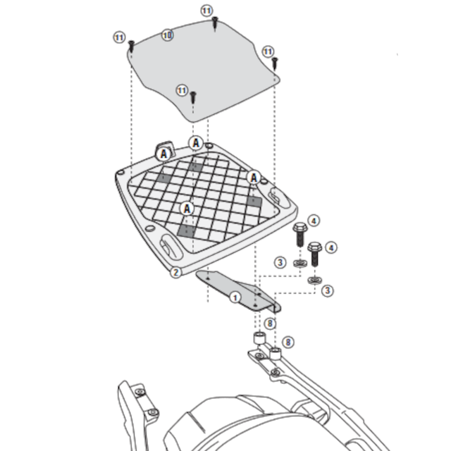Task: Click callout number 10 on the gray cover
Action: click(x=167, y=35)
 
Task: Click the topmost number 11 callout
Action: click(x=206, y=11)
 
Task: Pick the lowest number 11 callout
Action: click(x=183, y=90)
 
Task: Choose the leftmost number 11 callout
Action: click(x=118, y=37)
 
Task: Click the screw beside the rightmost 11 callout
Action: click(x=276, y=63)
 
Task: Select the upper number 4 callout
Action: click(x=314, y=221)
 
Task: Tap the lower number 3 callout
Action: click(x=328, y=290)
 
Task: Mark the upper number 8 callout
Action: click(x=269, y=323)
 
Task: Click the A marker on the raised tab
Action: click(x=163, y=152)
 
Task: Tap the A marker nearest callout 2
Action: click(x=187, y=208)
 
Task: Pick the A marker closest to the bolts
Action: click(x=252, y=178)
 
